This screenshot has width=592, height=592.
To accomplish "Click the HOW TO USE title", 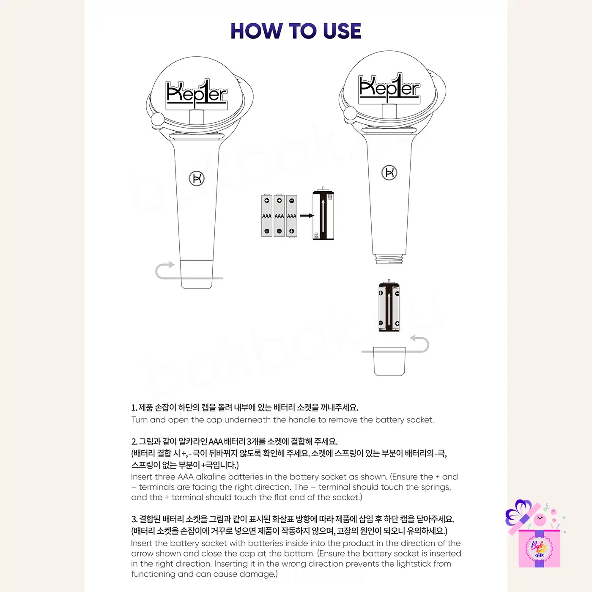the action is (x=296, y=31).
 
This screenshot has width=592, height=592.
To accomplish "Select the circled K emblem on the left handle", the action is (x=197, y=178).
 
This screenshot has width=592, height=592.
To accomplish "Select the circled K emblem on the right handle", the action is (x=389, y=173).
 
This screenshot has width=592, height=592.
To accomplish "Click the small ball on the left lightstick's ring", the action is (x=158, y=120).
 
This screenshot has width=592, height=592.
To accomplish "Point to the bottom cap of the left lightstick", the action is (x=197, y=274).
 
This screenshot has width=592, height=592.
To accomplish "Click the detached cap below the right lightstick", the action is (x=389, y=361).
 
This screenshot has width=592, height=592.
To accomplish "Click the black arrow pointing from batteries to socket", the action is (x=307, y=216).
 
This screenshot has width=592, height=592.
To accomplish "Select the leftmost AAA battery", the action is (x=267, y=216).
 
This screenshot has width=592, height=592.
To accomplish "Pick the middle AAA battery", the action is (x=279, y=216).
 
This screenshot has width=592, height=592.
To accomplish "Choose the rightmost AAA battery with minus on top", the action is (x=291, y=216).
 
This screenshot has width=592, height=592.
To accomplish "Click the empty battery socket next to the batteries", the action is (x=323, y=214).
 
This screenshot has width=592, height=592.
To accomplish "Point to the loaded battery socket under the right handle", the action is (x=389, y=306).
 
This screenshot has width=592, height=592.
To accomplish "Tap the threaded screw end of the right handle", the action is (x=389, y=259).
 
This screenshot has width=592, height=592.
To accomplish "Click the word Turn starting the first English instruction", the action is (x=140, y=419).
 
